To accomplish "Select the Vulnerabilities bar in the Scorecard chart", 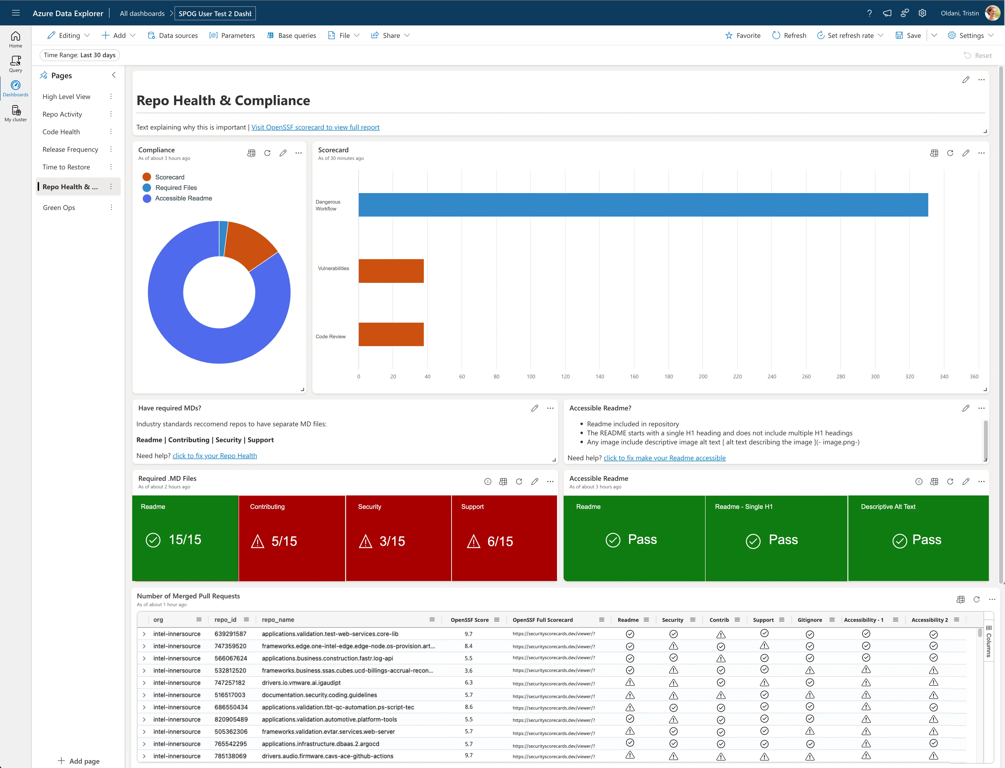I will (x=391, y=271).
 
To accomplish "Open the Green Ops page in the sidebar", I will (x=59, y=208).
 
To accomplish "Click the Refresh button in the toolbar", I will (x=789, y=35).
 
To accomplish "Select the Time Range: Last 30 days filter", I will (x=79, y=55).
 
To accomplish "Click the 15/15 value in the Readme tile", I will (x=185, y=539).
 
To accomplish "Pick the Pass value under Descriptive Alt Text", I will (x=926, y=539).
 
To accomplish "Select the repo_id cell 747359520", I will (x=230, y=646).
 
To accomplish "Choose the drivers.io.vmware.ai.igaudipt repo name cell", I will (x=301, y=682).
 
